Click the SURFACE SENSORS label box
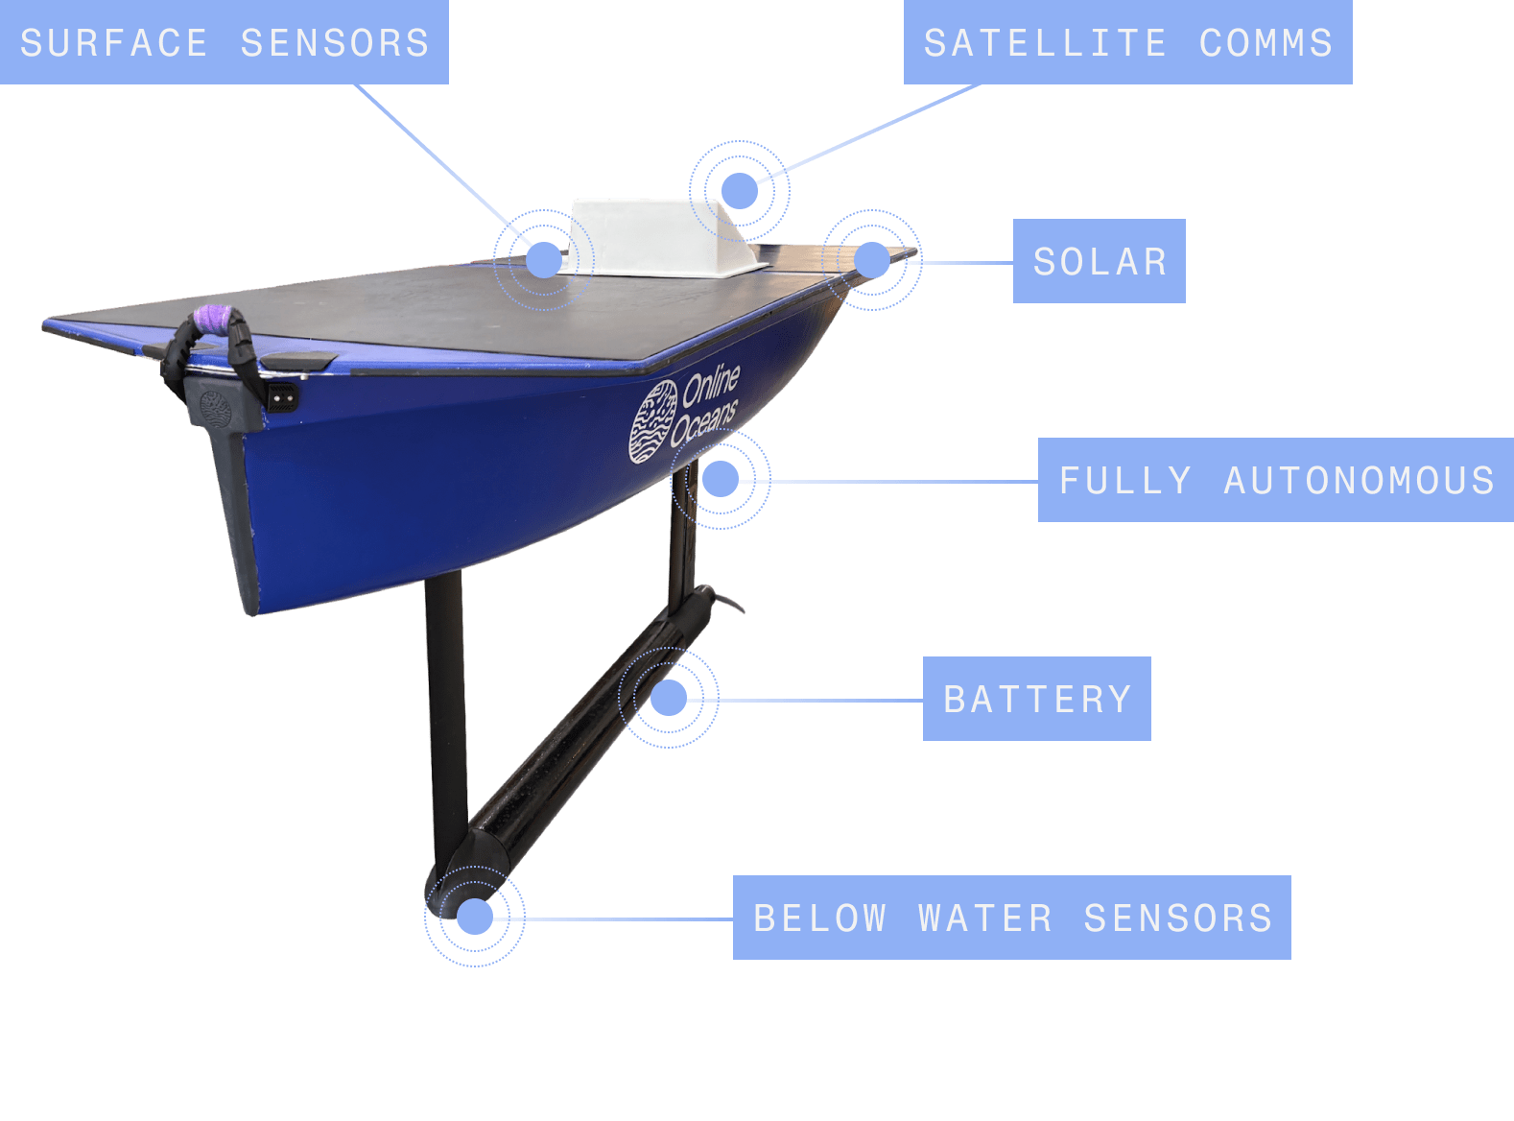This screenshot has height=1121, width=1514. (224, 42)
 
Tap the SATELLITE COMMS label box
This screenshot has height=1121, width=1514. (1127, 42)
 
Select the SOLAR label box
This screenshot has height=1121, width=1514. (1099, 261)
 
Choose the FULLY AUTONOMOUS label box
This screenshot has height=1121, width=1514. (1275, 480)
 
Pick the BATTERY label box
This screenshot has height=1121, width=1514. (1036, 699)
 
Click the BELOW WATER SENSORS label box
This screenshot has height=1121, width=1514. (1011, 918)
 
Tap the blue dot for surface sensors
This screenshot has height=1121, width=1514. (544, 259)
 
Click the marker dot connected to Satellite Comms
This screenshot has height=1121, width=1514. (740, 191)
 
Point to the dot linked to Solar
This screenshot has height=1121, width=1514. (872, 260)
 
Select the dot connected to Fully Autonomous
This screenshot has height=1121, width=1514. (721, 478)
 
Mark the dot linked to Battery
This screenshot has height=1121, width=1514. (669, 698)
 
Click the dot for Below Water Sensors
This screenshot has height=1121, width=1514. (474, 917)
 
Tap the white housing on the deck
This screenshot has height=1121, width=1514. (662, 237)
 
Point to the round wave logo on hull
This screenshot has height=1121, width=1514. (652, 421)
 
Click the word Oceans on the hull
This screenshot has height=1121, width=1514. (703, 423)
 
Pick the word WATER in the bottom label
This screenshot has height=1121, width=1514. (984, 918)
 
